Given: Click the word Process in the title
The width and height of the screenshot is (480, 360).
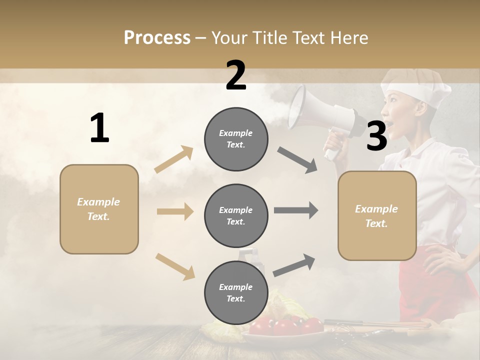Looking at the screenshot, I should [x=157, y=37].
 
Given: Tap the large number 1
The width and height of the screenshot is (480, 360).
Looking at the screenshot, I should [x=99, y=128].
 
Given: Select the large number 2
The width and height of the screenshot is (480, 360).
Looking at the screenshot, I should [x=236, y=75].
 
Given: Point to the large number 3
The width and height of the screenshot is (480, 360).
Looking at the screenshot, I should [x=376, y=136].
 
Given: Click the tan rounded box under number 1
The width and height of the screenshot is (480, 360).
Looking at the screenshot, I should [x=99, y=209].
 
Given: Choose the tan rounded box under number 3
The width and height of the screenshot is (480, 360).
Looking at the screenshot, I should [x=377, y=215].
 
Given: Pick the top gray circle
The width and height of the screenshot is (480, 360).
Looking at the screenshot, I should [x=236, y=139].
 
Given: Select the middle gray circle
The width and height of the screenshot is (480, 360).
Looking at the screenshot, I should [x=236, y=215].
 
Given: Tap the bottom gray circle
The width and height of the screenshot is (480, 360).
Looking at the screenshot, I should [x=236, y=292].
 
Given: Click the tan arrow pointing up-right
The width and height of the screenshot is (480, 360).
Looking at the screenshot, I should [x=174, y=159].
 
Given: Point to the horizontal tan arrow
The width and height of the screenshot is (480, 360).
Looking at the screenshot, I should [x=175, y=211].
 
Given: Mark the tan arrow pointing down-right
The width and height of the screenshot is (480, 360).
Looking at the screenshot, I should [x=175, y=266].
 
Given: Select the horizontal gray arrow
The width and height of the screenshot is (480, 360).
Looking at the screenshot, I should [x=295, y=210].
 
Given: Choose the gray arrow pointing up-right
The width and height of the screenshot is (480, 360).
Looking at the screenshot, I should [x=294, y=265].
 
